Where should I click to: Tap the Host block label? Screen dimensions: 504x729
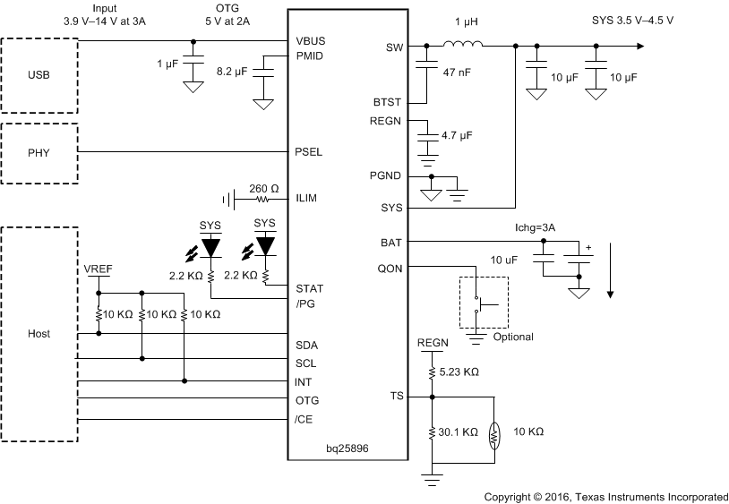(x=39, y=334)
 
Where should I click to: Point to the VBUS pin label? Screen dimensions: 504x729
(x=311, y=41)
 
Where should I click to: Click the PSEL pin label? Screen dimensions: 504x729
(x=309, y=152)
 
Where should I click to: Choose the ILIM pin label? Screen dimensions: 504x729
(x=307, y=198)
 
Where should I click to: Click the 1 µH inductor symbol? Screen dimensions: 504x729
(x=464, y=46)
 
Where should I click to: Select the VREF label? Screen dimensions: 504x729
(x=99, y=269)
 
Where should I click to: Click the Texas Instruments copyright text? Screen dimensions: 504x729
(x=605, y=496)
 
